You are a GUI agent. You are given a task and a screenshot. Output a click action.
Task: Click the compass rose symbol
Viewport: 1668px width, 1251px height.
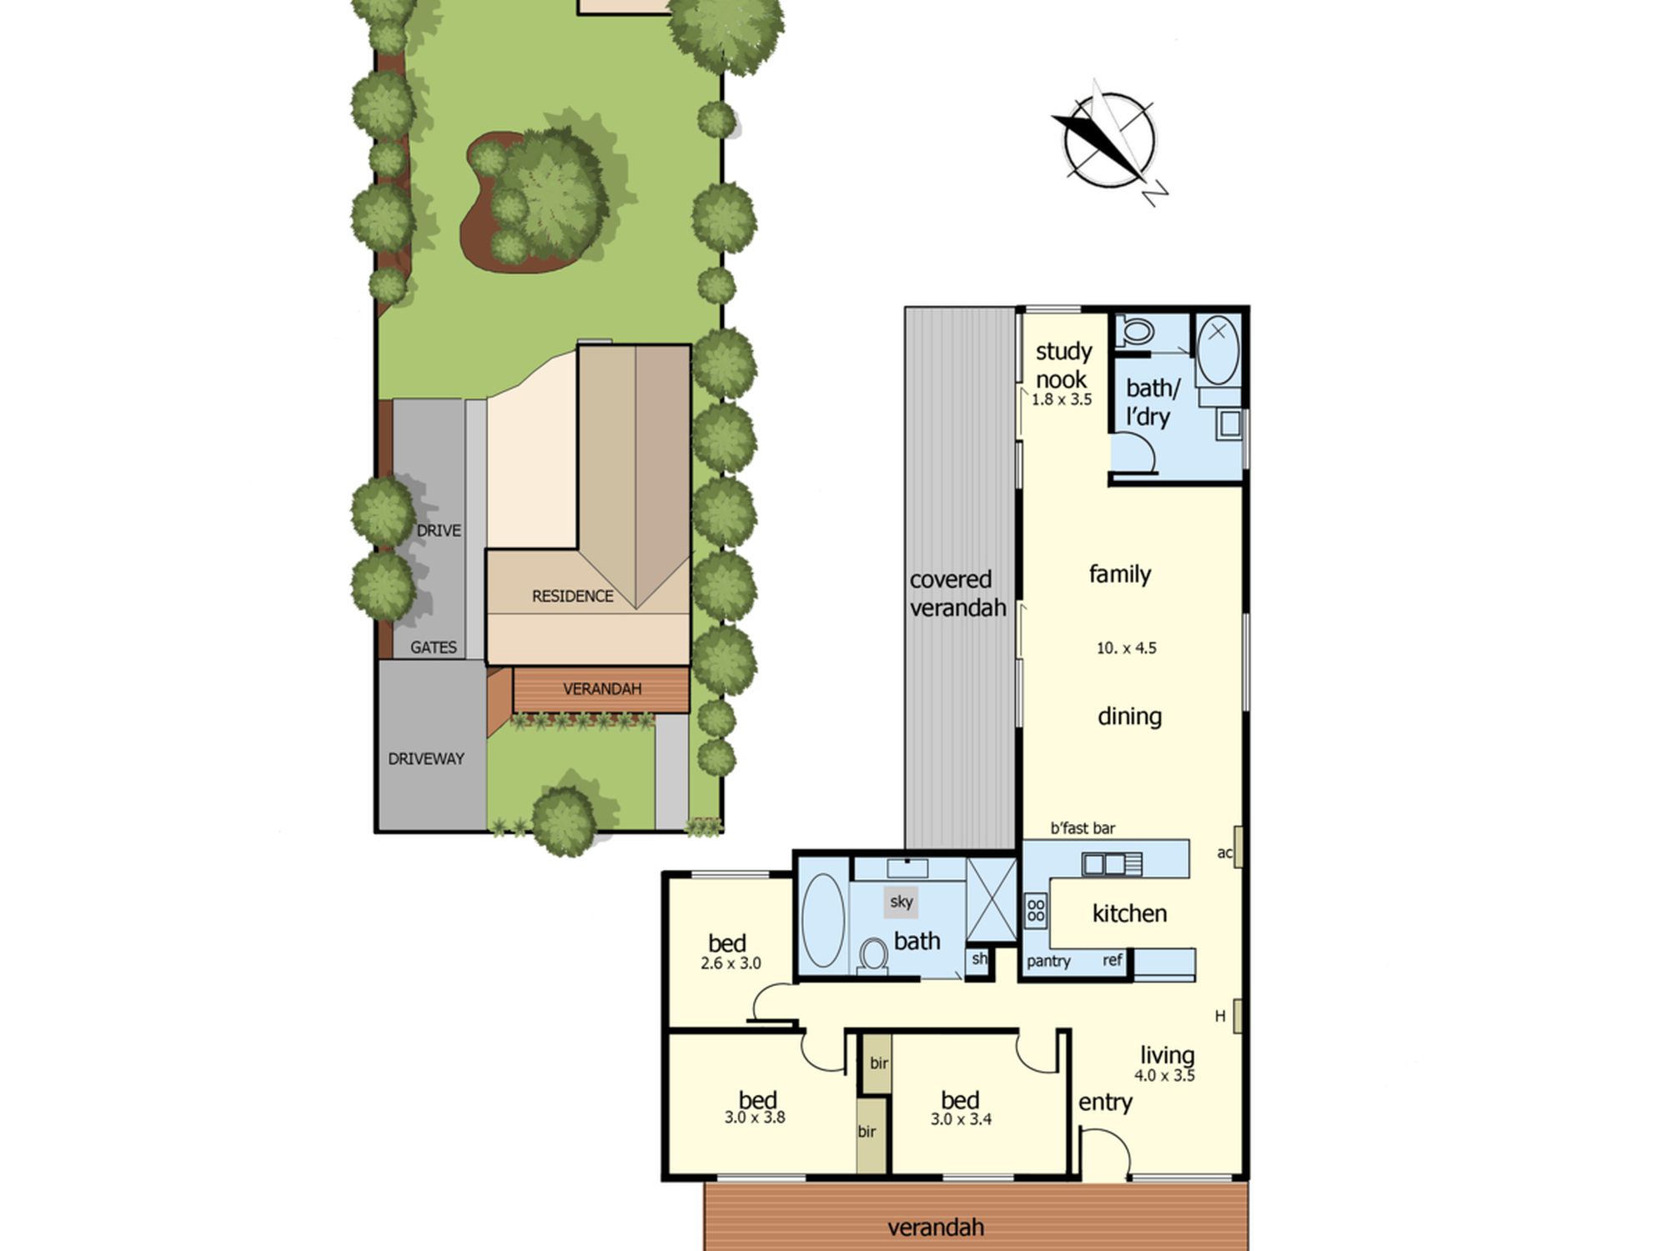(x=1110, y=143)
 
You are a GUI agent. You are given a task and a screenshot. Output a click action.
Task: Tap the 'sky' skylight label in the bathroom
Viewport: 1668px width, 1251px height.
(x=901, y=902)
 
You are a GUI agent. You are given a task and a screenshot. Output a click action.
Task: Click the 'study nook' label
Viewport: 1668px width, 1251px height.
(x=1063, y=365)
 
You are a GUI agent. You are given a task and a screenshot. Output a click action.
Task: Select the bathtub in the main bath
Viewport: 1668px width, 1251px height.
(x=822, y=921)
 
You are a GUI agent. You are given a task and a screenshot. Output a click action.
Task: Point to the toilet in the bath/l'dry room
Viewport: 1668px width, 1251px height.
(x=1134, y=331)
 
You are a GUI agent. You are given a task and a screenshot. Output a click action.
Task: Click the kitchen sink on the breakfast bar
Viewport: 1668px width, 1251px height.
(x=1112, y=864)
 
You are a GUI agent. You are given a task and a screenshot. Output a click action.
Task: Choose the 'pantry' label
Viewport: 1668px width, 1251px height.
(x=1048, y=962)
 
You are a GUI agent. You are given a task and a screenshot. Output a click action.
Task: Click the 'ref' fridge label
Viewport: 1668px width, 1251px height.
(x=1113, y=960)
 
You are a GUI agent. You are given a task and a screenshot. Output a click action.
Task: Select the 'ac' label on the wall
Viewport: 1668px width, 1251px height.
(x=1224, y=852)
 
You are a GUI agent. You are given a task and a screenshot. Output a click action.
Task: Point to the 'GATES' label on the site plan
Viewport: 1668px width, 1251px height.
(x=434, y=647)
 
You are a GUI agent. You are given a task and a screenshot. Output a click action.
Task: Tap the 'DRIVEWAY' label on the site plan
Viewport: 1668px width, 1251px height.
(x=426, y=759)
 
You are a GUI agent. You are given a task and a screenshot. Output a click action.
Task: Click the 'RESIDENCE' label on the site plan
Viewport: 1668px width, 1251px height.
(x=573, y=596)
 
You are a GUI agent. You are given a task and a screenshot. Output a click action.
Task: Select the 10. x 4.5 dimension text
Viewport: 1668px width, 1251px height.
(x=1127, y=648)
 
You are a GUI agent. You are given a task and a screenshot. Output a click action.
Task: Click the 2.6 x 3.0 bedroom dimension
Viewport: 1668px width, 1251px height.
(x=731, y=963)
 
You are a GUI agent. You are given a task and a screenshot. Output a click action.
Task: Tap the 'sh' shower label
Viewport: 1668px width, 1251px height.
(x=979, y=958)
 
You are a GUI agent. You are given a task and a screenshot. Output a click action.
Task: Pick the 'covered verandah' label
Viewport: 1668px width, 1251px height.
(x=957, y=594)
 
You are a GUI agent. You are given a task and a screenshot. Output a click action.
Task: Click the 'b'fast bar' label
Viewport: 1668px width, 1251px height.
(x=1083, y=828)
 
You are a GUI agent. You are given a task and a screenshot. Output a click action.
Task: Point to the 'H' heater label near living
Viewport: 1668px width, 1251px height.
(x=1220, y=1016)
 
